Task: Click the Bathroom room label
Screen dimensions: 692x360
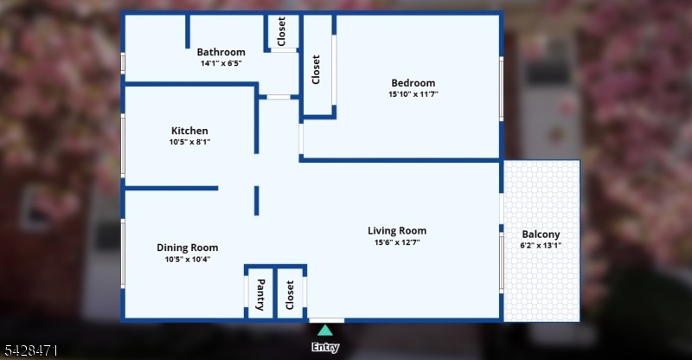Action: point(221,52)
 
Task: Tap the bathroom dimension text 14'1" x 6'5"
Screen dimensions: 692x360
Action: point(221,63)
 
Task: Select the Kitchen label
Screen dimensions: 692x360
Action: point(189,131)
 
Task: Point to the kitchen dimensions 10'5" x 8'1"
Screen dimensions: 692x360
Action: point(189,142)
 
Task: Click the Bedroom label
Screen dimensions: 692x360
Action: point(413,83)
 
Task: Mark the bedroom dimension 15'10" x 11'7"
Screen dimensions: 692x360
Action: point(413,94)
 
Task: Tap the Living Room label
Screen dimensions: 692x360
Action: point(397,231)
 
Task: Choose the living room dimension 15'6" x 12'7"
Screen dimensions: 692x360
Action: point(397,242)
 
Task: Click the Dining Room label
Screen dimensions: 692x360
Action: point(187,247)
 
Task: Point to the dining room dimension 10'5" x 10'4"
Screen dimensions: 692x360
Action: point(187,260)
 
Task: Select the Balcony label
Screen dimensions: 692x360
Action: point(541,235)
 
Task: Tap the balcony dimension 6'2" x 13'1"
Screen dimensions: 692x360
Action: point(541,246)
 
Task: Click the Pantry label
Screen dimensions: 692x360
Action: point(260,294)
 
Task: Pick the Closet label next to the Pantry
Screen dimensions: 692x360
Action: point(290,295)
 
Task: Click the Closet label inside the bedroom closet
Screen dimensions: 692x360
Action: point(316,69)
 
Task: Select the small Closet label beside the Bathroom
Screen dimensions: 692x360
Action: point(281,31)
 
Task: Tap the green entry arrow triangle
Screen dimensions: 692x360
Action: point(325,331)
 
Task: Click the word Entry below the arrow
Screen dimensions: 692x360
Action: point(325,347)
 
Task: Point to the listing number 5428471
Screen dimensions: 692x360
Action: point(31,351)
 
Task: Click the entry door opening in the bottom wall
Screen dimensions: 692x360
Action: point(327,320)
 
